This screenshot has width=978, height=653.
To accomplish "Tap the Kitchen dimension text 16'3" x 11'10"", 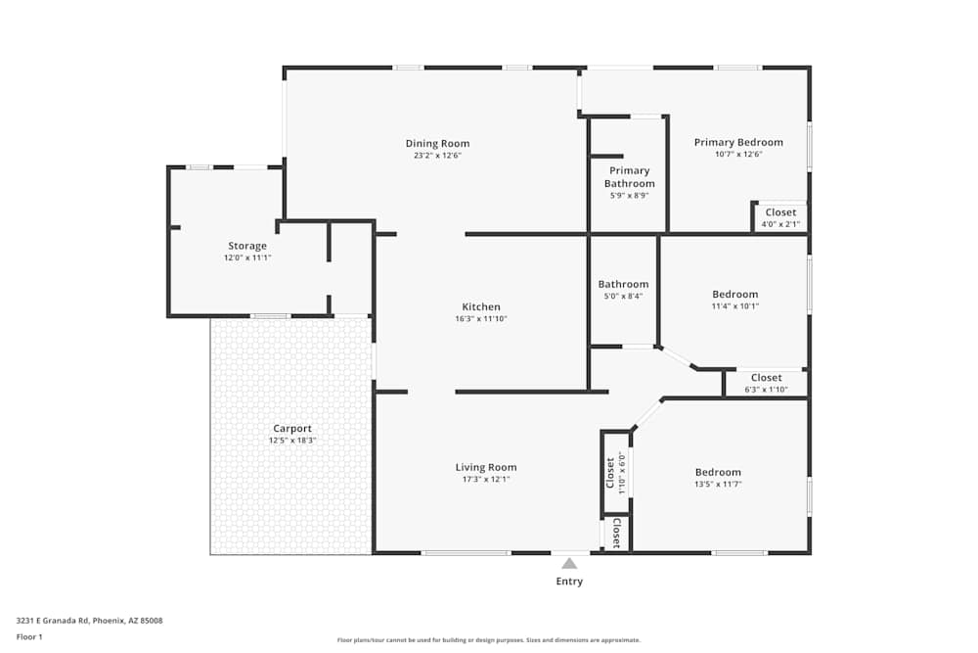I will click(481, 319).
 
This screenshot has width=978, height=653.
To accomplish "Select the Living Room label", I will click(486, 467).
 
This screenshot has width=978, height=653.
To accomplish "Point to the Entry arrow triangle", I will click(569, 563).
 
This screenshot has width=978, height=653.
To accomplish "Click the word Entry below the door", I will click(569, 582).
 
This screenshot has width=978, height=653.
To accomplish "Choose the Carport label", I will click(292, 429).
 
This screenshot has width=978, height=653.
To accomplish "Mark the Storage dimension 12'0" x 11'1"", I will click(247, 257).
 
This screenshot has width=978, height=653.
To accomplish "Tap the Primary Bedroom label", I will click(738, 142).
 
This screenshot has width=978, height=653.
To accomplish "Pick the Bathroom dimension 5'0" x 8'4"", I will click(623, 297).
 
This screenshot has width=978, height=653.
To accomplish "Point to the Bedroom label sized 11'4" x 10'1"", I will click(734, 295).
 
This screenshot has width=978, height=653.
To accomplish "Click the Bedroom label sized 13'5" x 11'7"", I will click(718, 472).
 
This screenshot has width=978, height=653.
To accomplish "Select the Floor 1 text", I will click(29, 636).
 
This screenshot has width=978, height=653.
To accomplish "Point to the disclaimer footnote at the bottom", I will click(489, 640).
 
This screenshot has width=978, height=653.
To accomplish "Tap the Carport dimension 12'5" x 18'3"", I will click(292, 441).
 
